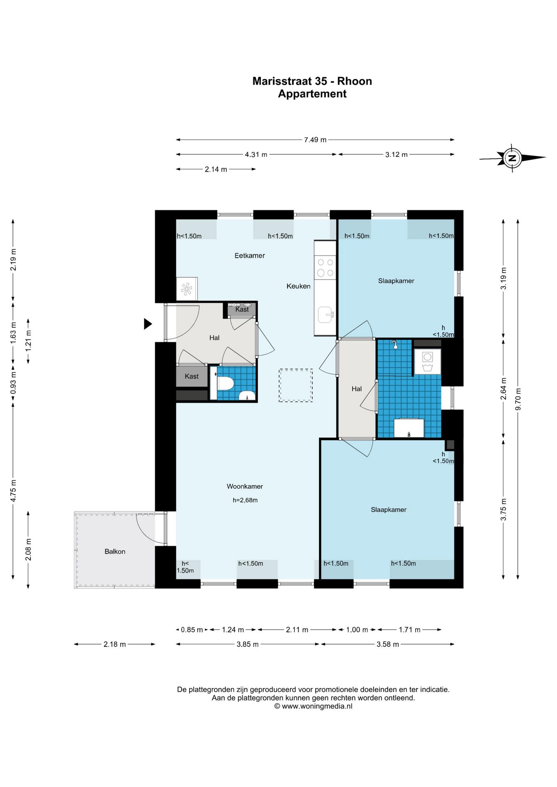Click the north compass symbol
(512, 158)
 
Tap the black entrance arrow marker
(148, 324)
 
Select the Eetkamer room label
(249, 256)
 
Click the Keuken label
(298, 286)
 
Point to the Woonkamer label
(245, 487)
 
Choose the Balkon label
(115, 552)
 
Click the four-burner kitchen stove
(325, 267)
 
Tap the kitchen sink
(326, 315)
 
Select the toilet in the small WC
(225, 384)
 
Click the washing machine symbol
(427, 361)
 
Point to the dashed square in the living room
(296, 385)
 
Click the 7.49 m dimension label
(315, 140)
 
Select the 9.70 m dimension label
(518, 399)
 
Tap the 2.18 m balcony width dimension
(114, 644)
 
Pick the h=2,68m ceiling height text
(245, 500)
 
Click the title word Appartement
(312, 94)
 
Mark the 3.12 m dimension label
(396, 155)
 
